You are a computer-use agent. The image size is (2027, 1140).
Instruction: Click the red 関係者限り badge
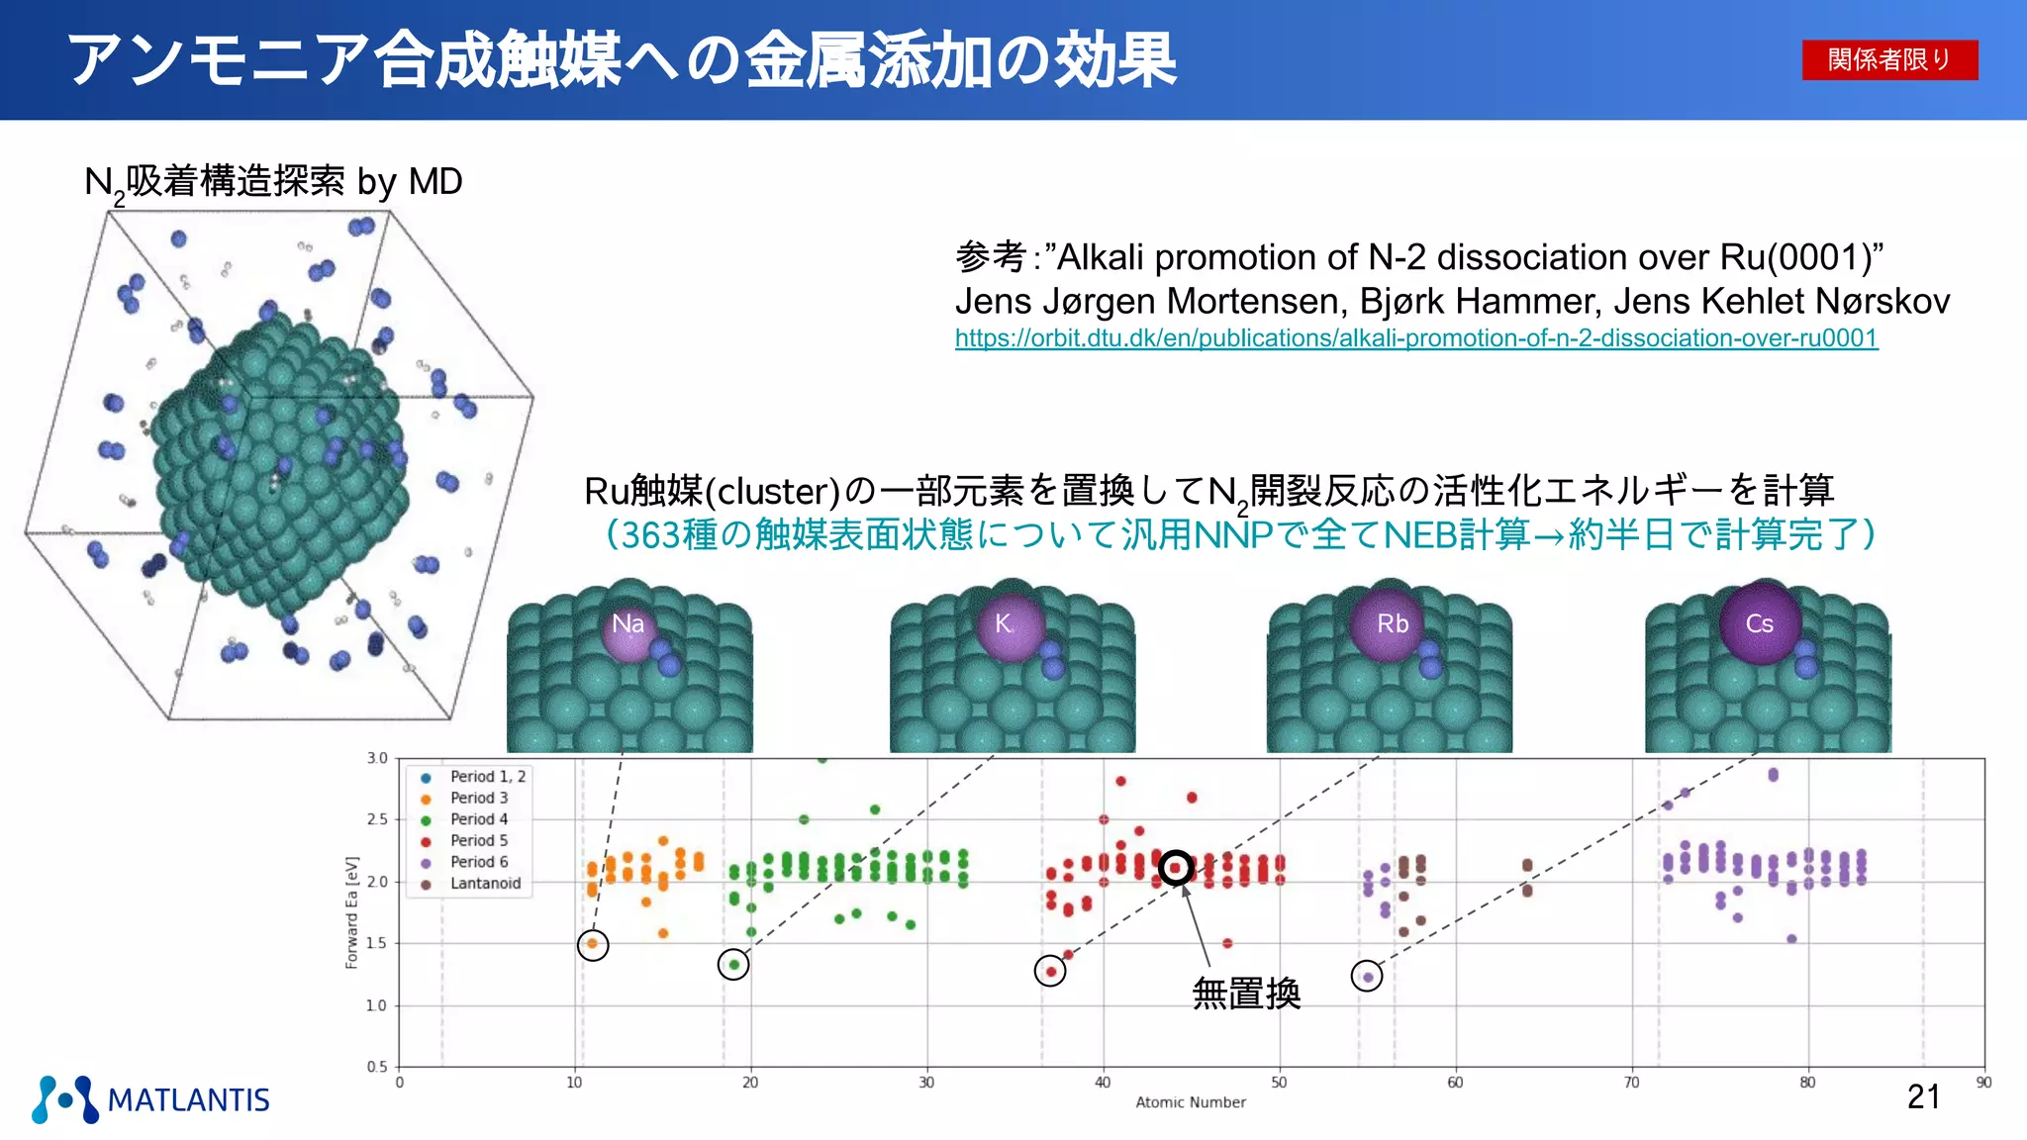tap(1889, 59)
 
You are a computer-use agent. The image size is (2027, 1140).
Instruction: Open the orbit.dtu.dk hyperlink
tap(1415, 338)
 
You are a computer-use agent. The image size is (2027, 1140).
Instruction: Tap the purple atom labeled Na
tap(628, 624)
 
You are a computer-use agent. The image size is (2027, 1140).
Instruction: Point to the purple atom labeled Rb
tap(1392, 624)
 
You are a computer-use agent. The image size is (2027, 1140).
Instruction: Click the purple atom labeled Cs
tap(1760, 623)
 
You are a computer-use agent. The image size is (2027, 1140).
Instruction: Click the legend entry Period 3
tap(479, 798)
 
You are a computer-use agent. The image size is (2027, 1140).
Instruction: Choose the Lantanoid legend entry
tap(485, 883)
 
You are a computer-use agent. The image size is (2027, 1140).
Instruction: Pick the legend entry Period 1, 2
tap(487, 777)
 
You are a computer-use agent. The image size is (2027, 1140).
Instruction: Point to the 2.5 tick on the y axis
tap(377, 819)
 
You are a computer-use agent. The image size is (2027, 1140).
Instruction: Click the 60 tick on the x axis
tap(1455, 1083)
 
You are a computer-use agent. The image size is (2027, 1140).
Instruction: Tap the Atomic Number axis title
tap(1191, 1102)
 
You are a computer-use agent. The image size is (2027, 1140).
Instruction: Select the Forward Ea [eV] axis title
tap(351, 911)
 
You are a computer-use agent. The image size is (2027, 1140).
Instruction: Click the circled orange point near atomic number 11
tap(593, 944)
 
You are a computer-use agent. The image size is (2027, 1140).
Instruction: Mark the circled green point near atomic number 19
tap(733, 965)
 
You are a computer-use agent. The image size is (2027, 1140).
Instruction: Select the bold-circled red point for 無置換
tap(1176, 868)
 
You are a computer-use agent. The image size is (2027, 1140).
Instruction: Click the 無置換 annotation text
tap(1246, 993)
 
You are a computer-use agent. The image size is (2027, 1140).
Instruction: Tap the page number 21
tap(1923, 1096)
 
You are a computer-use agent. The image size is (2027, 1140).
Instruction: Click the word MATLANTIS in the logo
tap(188, 1100)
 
